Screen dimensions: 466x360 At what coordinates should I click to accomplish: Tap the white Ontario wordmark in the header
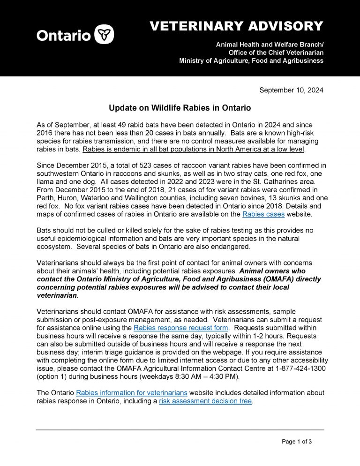[x=63, y=36]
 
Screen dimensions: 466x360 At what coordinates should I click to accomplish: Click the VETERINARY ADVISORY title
[x=236, y=26]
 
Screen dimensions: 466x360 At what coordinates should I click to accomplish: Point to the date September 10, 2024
[x=291, y=90]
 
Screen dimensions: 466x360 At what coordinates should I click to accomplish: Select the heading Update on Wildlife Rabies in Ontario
[x=180, y=108]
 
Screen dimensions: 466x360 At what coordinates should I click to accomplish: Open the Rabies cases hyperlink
[x=263, y=214]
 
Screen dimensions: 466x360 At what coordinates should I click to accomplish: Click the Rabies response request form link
[x=181, y=328]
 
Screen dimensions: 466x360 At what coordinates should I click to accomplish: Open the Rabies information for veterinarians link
[x=132, y=392]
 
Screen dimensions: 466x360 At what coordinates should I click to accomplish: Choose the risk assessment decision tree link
[x=205, y=401]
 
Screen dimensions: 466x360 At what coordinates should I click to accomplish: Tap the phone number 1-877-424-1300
[x=299, y=368]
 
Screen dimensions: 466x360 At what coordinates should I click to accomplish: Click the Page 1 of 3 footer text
[x=297, y=441]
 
